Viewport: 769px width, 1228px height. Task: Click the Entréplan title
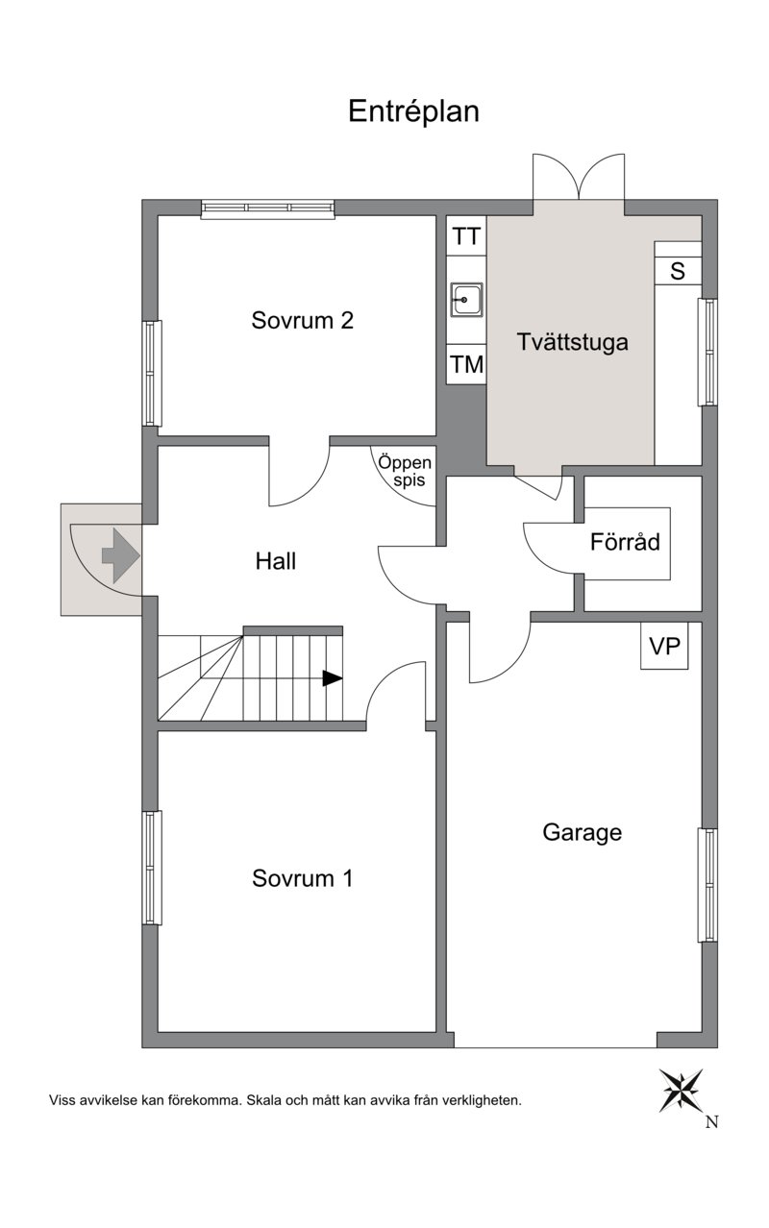tap(413, 112)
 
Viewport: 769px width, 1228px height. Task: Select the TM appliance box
tap(467, 364)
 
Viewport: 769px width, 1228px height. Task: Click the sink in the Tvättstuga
tap(467, 300)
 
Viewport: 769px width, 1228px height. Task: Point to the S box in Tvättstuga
tap(678, 271)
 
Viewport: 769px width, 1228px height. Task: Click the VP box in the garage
tap(664, 646)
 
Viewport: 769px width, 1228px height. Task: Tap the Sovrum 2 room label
tap(302, 320)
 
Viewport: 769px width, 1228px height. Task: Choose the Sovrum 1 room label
tap(302, 877)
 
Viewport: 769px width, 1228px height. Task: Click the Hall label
tap(275, 561)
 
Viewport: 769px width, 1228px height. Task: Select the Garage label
tap(582, 833)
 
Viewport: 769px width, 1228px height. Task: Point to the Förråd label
tap(625, 542)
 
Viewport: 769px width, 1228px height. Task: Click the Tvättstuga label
tap(572, 342)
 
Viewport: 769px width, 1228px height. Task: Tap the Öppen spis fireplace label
tap(405, 471)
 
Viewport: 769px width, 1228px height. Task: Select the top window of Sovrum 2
tap(267, 209)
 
